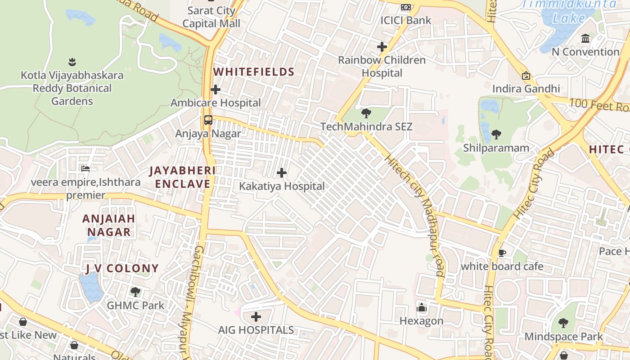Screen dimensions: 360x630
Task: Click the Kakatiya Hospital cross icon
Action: (282, 173)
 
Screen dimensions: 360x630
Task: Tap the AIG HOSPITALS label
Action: (256, 330)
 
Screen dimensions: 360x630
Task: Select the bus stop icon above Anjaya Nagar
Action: (208, 120)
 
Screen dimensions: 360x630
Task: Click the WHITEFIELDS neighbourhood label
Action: (254, 72)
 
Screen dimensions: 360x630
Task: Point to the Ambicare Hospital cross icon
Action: (216, 90)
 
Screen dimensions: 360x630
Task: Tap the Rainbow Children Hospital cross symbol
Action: (382, 47)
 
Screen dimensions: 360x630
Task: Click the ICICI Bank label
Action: (405, 20)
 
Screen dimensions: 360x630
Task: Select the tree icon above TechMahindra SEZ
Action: (366, 113)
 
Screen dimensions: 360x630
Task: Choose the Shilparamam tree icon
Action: (496, 134)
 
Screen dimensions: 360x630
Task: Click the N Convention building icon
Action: (585, 39)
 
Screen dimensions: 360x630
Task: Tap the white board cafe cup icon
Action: (502, 253)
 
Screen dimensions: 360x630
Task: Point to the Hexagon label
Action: (422, 321)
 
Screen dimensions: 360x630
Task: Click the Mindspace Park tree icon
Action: (563, 323)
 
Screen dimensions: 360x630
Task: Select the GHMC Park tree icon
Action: (135, 292)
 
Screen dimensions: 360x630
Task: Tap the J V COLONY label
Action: (122, 269)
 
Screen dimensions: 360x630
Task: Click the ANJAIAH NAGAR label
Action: (109, 225)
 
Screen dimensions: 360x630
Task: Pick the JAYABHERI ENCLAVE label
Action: (183, 177)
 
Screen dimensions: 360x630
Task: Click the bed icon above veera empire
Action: (85, 169)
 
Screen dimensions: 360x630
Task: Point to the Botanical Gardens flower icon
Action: (72, 61)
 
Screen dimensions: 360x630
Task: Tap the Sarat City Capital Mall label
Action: (211, 17)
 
